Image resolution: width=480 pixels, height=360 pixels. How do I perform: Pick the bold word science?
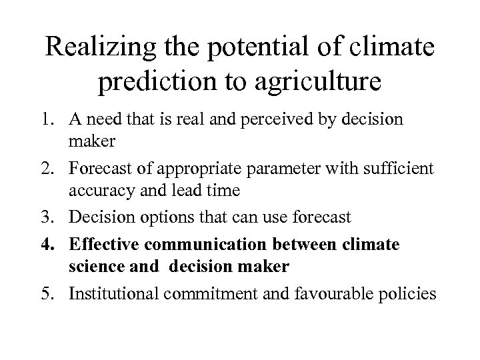[x=92, y=267]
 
